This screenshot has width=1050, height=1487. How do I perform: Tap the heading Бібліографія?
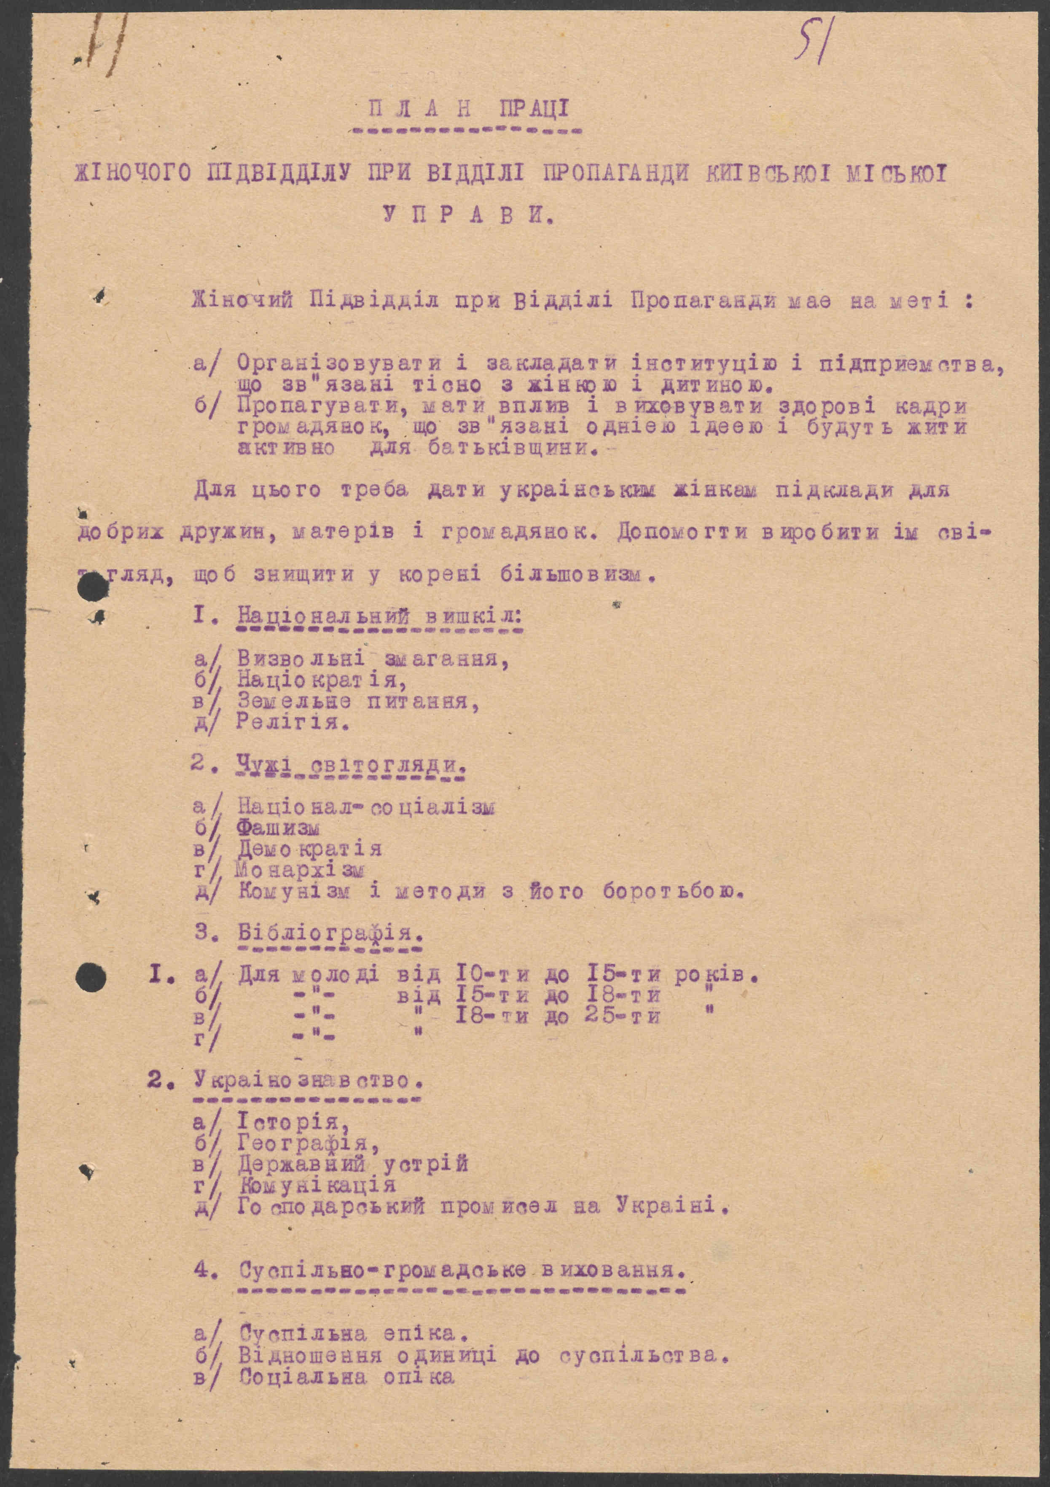[x=331, y=933]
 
